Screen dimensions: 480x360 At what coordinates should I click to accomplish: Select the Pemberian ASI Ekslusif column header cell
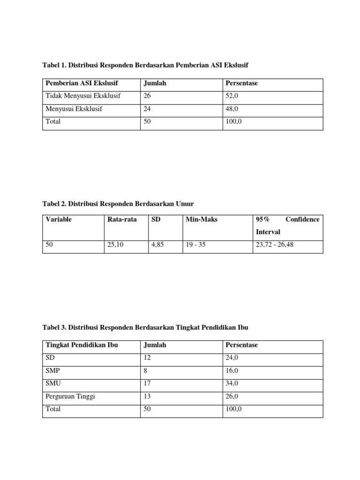pyautogui.click(x=82, y=83)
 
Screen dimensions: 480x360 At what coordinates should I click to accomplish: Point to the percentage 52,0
pyautogui.click(x=232, y=96)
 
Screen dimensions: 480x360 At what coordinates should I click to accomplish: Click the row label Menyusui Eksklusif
pyautogui.click(x=74, y=109)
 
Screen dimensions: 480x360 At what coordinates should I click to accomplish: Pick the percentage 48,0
pyautogui.click(x=232, y=109)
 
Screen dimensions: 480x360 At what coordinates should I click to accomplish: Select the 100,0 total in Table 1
pyautogui.click(x=234, y=121)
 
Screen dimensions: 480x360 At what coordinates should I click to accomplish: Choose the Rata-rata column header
pyautogui.click(x=122, y=219)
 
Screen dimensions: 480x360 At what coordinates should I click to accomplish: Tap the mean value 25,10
pyautogui.click(x=115, y=245)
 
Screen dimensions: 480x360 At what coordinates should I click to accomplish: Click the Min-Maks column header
pyautogui.click(x=202, y=219)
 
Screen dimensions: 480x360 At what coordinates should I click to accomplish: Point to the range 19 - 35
pyautogui.click(x=195, y=245)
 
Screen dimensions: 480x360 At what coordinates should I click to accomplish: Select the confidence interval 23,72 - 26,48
pyautogui.click(x=275, y=245)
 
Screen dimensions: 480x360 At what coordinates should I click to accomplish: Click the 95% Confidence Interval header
pyautogui.click(x=287, y=225)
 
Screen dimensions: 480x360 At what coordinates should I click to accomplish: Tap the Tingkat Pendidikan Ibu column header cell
pyautogui.click(x=82, y=345)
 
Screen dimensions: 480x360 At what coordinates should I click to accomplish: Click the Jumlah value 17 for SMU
pyautogui.click(x=147, y=383)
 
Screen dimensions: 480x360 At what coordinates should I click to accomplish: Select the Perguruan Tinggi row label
pyautogui.click(x=70, y=396)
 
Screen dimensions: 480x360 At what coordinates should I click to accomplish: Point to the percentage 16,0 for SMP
pyautogui.click(x=232, y=371)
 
